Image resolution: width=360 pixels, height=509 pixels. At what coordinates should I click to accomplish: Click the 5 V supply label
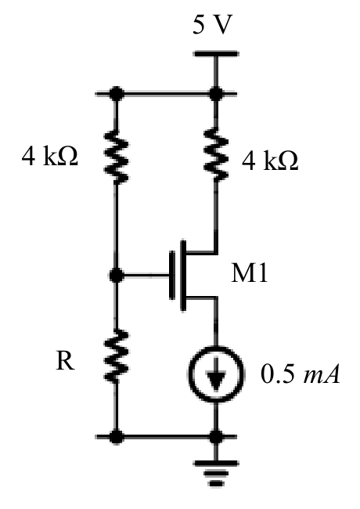[x=212, y=25]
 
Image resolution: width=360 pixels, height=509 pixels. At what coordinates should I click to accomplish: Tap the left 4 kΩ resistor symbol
[x=116, y=155]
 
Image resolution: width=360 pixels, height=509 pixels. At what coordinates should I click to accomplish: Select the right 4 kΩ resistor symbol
[x=215, y=153]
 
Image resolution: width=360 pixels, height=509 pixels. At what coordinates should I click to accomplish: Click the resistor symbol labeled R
[x=116, y=356]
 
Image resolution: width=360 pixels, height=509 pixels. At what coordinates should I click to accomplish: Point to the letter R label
[x=66, y=361]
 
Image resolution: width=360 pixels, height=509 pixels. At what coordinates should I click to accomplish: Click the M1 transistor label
[x=249, y=273]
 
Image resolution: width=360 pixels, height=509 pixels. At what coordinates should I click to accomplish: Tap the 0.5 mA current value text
[x=301, y=374]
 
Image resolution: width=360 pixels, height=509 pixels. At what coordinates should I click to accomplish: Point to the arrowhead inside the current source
[x=216, y=381]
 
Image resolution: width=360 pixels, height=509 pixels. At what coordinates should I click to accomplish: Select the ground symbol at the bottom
[x=216, y=473]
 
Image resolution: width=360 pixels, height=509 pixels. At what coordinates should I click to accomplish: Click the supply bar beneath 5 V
[x=216, y=53]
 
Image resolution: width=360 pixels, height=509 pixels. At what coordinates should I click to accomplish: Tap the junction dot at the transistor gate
[x=116, y=276]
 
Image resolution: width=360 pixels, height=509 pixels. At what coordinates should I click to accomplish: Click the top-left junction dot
[x=116, y=94]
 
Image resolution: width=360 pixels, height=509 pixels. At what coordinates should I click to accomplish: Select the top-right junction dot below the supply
[x=216, y=94]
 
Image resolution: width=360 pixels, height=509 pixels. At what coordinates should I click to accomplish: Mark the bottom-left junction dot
[x=116, y=437]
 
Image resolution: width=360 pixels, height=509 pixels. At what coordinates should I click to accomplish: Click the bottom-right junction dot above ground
[x=216, y=437]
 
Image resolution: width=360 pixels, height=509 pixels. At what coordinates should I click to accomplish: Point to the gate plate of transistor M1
[x=172, y=275]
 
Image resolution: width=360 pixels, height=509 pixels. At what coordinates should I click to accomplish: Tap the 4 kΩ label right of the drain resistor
[x=270, y=161]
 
